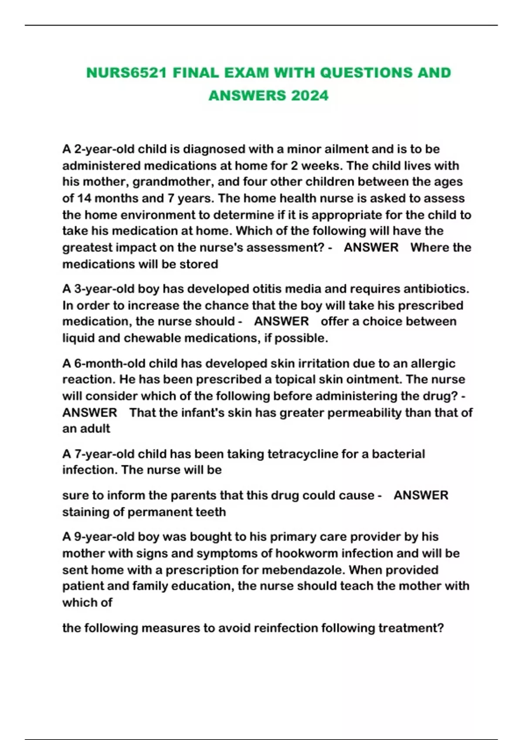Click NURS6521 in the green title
[x=126, y=73]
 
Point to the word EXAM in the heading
[x=246, y=73]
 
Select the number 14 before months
[x=84, y=198]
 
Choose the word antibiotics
[x=435, y=289]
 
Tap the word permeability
[x=364, y=413]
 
